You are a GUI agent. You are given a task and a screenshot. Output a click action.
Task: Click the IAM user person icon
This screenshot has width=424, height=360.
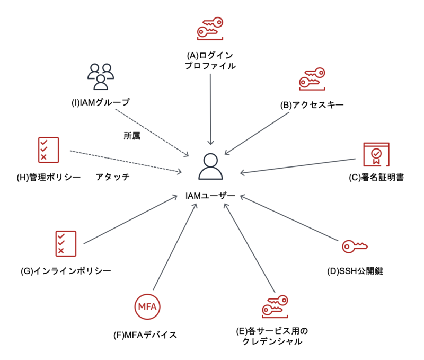(211, 167)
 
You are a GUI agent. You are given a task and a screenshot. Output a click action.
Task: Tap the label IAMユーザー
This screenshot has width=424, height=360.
(210, 196)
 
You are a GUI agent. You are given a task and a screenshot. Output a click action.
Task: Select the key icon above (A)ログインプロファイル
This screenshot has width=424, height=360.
(210, 28)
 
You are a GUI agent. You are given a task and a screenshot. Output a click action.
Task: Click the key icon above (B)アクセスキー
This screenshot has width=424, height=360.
(312, 80)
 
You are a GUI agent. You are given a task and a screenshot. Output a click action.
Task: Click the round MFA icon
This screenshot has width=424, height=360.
(147, 306)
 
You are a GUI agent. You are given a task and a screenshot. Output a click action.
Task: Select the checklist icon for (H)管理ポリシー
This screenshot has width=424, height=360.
(48, 150)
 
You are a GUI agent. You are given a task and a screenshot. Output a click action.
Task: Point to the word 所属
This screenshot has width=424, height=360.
(131, 136)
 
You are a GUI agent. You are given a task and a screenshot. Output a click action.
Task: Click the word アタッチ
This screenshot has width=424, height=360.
(113, 177)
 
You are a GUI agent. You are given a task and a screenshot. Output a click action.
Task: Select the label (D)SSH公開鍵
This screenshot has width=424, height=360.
(355, 271)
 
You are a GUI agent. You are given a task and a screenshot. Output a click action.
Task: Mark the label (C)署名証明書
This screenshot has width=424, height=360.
(376, 178)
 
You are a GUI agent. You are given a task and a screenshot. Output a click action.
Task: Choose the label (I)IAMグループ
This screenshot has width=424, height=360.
(101, 102)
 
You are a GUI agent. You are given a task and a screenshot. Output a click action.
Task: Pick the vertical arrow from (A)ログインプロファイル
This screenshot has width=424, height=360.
(211, 109)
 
